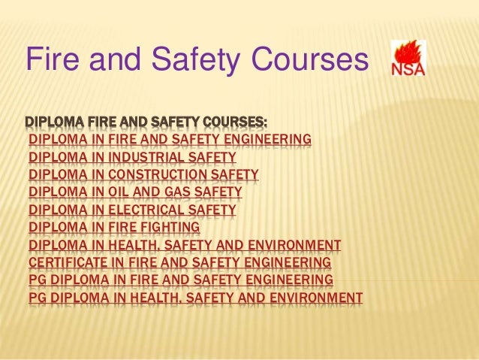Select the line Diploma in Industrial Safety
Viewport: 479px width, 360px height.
tap(132, 157)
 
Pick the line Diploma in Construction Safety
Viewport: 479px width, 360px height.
tap(143, 174)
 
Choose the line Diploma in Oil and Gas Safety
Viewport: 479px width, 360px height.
tap(135, 192)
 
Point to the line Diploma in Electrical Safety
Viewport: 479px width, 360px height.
tap(132, 210)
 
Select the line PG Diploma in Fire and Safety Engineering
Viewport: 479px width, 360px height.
tap(180, 280)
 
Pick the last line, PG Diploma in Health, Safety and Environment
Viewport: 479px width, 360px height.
tap(195, 298)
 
